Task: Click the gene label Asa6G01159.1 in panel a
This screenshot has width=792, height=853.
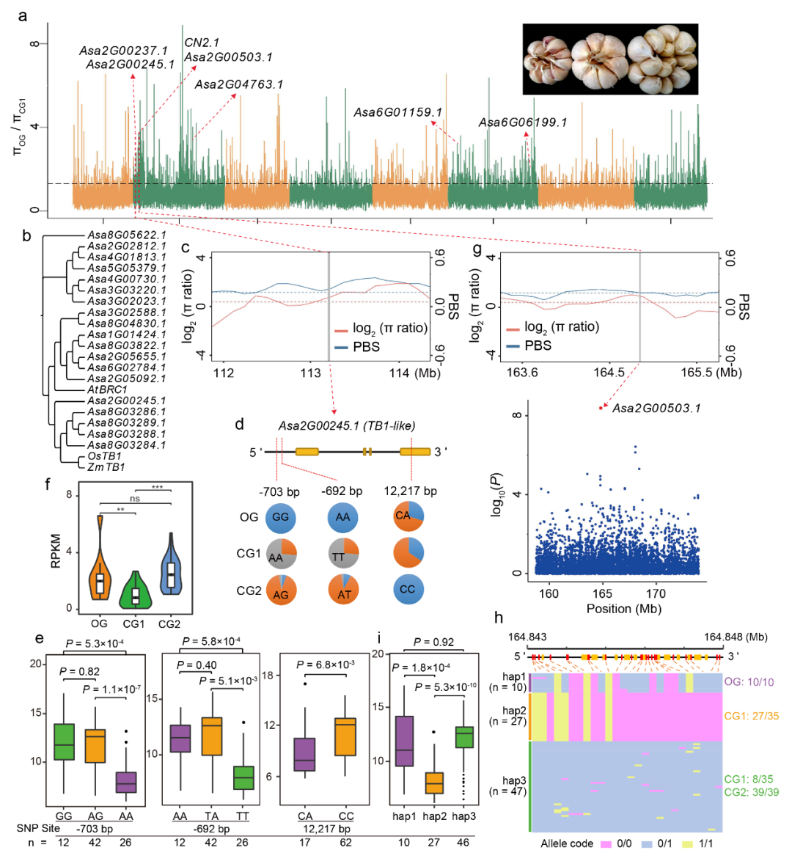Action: (x=398, y=112)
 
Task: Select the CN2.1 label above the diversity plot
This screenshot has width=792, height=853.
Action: (x=202, y=43)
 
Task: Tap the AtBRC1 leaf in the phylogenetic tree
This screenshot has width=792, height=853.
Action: (x=107, y=389)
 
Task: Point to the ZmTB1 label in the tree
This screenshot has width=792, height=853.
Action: (x=106, y=467)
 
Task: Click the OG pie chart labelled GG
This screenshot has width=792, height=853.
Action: (x=280, y=516)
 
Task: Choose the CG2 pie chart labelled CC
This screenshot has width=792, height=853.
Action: (x=407, y=589)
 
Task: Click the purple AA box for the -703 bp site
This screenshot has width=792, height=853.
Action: (x=125, y=782)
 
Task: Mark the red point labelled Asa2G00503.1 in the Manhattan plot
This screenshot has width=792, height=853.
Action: (x=601, y=408)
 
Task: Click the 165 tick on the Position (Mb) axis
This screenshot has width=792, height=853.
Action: (x=602, y=593)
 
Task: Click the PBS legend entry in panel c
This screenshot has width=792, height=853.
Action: (x=357, y=346)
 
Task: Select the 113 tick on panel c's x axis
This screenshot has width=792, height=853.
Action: (x=311, y=373)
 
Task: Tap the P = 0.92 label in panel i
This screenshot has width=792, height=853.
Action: (x=433, y=642)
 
